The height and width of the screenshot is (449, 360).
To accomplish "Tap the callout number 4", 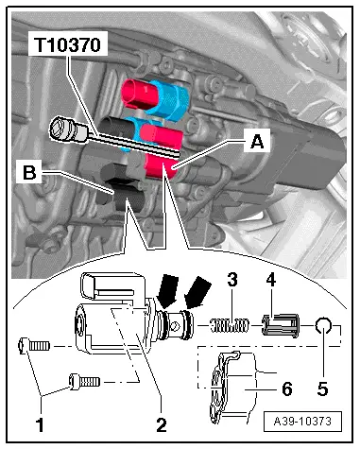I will (273, 281).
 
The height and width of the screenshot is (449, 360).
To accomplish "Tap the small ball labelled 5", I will (321, 327).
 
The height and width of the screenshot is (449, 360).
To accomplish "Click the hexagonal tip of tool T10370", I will (63, 127).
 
